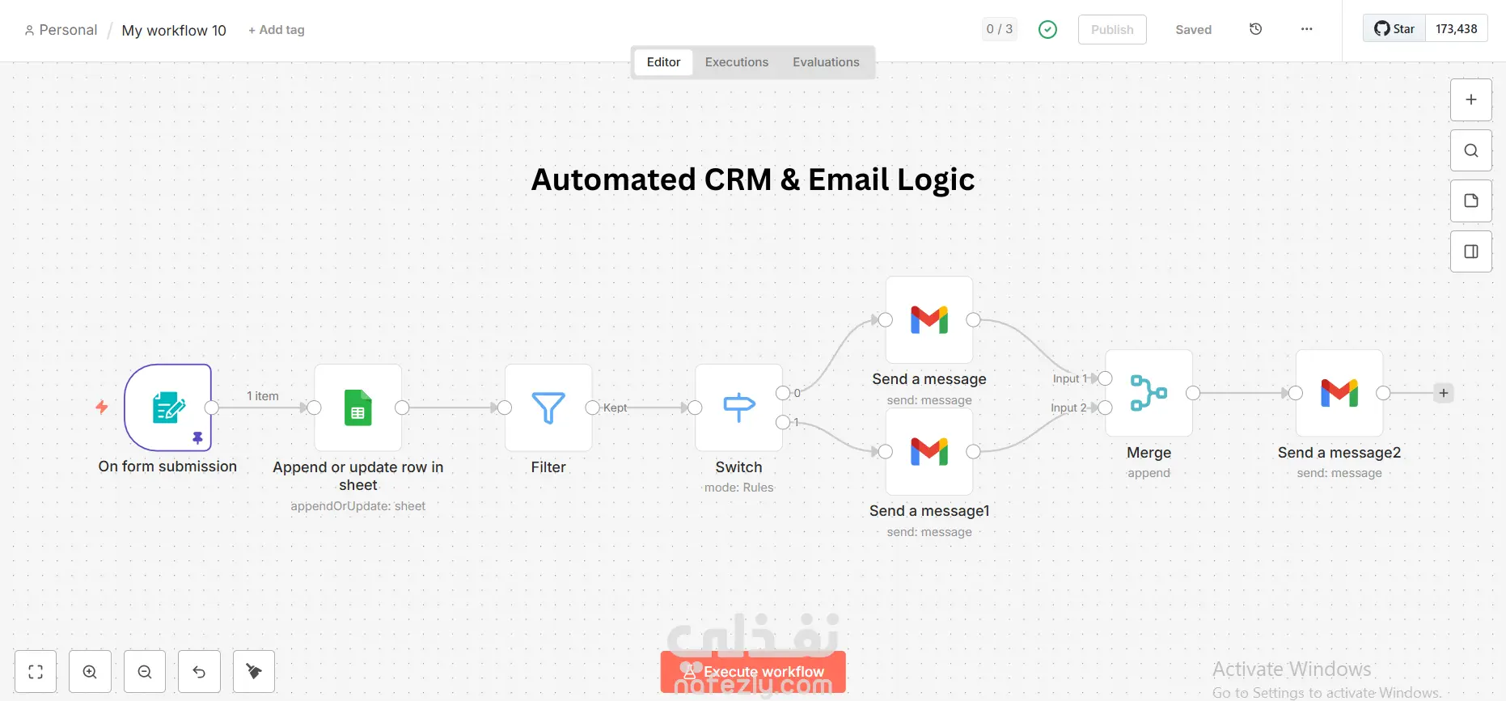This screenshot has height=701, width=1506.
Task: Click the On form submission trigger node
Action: [x=168, y=408]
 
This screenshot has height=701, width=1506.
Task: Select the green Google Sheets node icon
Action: [x=357, y=408]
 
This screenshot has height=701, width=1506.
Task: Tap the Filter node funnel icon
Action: [x=548, y=408]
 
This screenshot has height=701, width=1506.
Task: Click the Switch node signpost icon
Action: [x=738, y=408]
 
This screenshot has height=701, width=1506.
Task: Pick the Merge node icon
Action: [x=1149, y=393]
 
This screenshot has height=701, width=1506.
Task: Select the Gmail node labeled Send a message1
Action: [x=929, y=452]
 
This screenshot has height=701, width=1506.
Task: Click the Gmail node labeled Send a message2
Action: [x=1339, y=393]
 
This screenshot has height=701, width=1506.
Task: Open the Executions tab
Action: [x=736, y=62]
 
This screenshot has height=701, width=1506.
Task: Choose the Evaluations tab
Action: [x=826, y=62]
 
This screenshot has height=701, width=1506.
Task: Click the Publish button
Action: [x=1112, y=30]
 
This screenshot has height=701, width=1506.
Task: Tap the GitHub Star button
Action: [x=1394, y=29]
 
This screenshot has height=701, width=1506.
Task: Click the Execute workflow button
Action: [x=753, y=672]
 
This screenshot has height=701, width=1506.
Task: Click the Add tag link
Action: [x=277, y=30]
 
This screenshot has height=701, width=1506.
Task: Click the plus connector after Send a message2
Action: [x=1444, y=393]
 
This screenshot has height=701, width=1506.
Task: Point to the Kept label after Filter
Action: [x=616, y=408]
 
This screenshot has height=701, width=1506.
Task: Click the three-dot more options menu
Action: [x=1306, y=29]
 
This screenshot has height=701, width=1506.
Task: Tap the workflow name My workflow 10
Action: [x=174, y=31]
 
